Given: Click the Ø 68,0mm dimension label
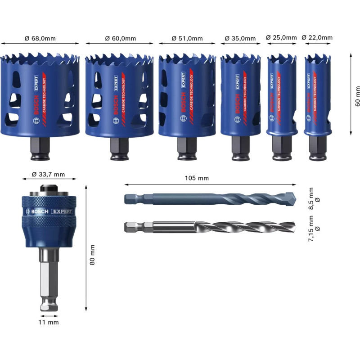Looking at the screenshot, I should [40, 38].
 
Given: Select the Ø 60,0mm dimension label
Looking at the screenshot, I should [121, 38].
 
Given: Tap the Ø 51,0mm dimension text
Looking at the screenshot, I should [187, 38].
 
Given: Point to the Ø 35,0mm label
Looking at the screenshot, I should [240, 38].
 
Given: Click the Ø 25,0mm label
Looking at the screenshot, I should [282, 37].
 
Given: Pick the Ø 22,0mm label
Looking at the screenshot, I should [317, 37].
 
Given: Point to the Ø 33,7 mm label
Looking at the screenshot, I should [48, 175].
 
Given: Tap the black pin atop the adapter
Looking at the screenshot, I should [49, 188].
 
